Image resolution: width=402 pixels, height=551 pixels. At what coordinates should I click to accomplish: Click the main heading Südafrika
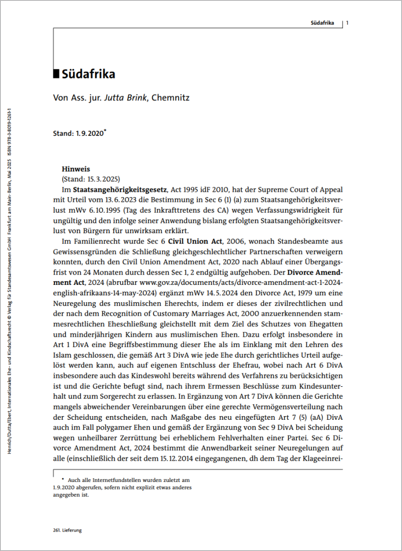(88, 74)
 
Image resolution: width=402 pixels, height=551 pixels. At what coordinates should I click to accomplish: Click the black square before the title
(57, 74)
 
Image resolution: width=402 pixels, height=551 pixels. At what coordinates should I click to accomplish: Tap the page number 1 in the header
(348, 22)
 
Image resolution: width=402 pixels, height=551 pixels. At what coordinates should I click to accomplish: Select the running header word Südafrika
(320, 23)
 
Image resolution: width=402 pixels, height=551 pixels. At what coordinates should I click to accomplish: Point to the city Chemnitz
(171, 98)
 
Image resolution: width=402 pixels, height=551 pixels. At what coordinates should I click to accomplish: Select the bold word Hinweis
(76, 169)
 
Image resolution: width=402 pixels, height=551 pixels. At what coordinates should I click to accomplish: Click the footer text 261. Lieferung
(68, 530)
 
